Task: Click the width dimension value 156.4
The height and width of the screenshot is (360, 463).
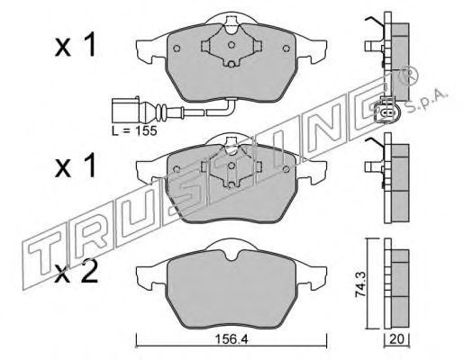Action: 231,339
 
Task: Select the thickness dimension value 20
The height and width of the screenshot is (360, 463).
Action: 397,339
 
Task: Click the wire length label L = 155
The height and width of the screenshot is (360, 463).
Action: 134,130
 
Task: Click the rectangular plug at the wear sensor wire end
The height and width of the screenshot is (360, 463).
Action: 125,110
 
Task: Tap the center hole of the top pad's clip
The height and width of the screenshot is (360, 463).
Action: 231,45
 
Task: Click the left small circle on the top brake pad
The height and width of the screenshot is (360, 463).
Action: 177,49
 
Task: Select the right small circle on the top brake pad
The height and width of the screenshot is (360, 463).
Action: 286,49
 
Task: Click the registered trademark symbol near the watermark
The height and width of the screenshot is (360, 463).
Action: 407,75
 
